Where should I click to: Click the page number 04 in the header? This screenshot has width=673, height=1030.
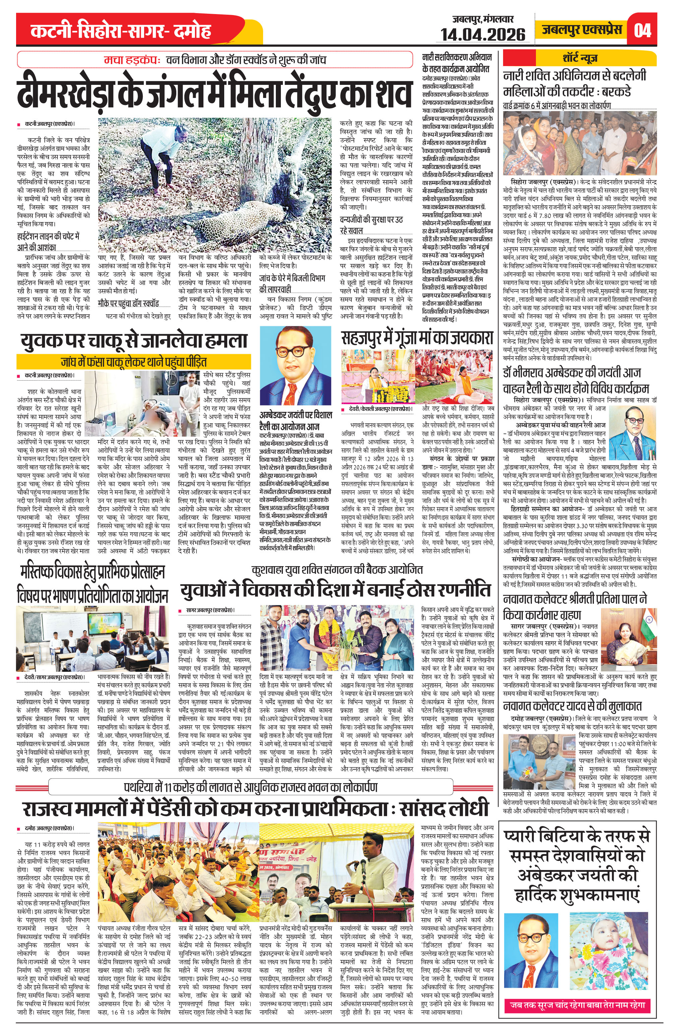coord(642,30)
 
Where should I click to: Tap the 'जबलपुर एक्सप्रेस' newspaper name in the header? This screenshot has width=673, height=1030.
coord(582,30)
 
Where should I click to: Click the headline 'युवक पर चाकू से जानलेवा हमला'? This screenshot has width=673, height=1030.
coord(134,340)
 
